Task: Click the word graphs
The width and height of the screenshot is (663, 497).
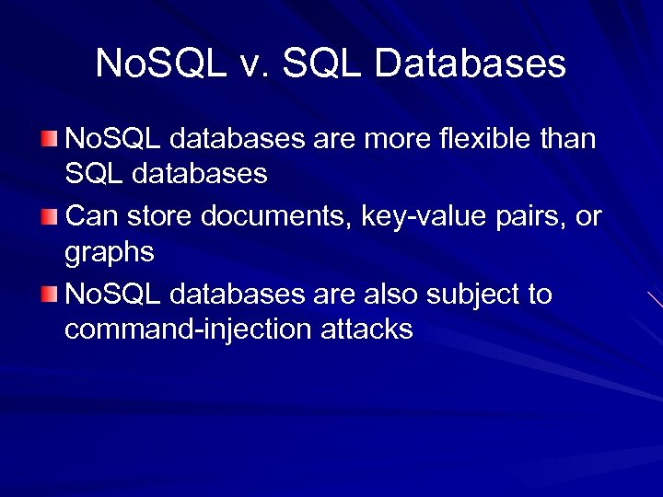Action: (x=110, y=252)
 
